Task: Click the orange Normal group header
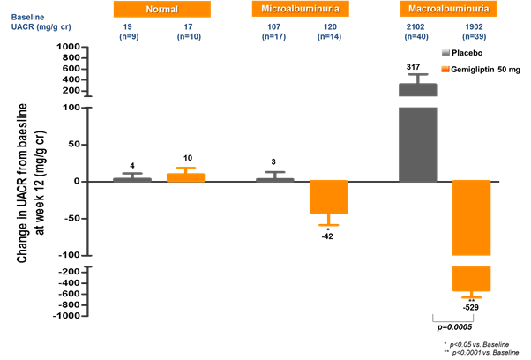coord(161,10)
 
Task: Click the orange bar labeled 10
coord(186,176)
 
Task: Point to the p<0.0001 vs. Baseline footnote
coord(483,352)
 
